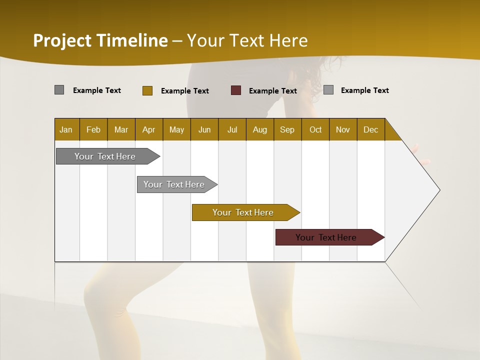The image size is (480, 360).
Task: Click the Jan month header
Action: [66, 129]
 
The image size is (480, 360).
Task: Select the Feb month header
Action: [93, 129]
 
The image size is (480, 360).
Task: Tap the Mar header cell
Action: [121, 129]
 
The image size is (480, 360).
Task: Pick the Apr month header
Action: [149, 129]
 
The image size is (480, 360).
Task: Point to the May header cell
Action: [176, 129]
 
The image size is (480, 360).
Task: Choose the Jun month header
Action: [204, 129]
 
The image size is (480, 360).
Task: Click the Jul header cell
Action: [232, 129]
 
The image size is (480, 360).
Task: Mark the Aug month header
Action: [260, 129]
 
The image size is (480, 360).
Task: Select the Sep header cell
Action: [287, 129]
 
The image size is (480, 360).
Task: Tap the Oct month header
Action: [315, 129]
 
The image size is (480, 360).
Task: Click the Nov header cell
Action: [343, 129]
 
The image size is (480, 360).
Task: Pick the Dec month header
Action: [371, 129]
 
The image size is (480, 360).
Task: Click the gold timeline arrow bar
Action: [243, 212]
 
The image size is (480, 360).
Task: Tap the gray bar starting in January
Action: [105, 156]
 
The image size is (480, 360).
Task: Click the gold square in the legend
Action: [147, 90]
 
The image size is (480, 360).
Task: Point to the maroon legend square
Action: [236, 90]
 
